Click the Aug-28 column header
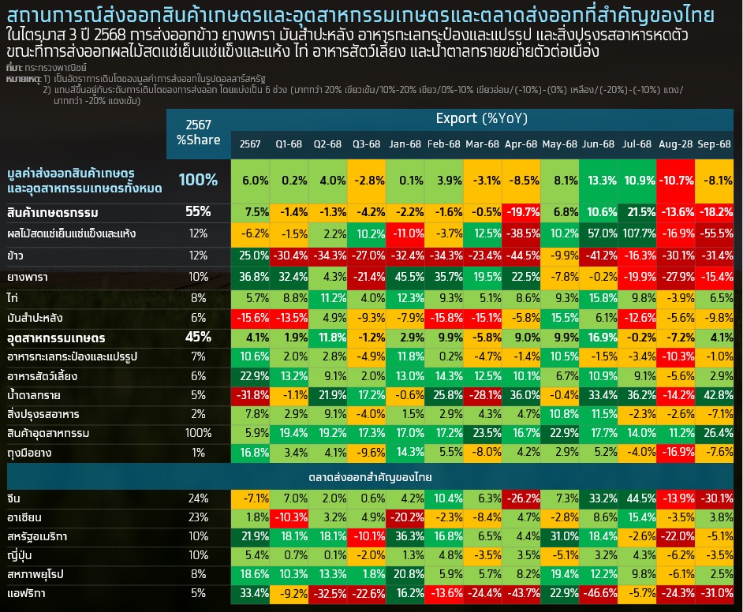[x=675, y=144]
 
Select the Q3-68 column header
[x=367, y=144]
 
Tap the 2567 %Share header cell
[x=197, y=132]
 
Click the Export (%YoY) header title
[x=481, y=119]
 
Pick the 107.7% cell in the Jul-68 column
[x=637, y=234]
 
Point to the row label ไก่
[x=13, y=298]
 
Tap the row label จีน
[x=14, y=498]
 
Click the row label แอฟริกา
[x=28, y=593]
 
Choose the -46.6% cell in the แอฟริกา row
[x=599, y=593]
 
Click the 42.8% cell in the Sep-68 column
[x=714, y=395]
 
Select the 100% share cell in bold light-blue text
[x=197, y=180]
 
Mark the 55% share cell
[x=197, y=211]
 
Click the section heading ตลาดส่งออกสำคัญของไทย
[x=370, y=478]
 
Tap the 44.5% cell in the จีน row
[x=637, y=498]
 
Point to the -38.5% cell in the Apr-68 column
[x=521, y=234]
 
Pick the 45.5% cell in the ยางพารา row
[x=405, y=278]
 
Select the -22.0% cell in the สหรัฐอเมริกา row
[x=675, y=536]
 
